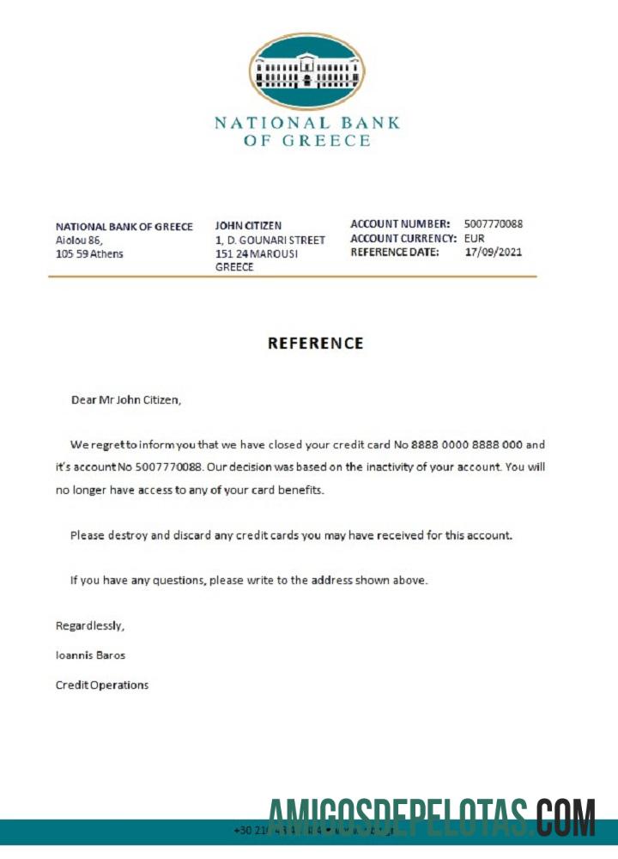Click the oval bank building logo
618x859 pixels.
[x=306, y=71]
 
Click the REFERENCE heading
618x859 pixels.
[x=315, y=343]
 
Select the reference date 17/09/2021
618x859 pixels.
[x=493, y=253]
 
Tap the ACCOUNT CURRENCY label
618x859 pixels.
[x=403, y=239]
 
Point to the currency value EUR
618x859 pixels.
[x=475, y=239]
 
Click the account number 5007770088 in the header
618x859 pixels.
[x=493, y=224]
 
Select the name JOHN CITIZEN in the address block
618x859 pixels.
[x=248, y=226]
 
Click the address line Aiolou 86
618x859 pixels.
[x=79, y=241]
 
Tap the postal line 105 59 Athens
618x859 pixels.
[x=89, y=254]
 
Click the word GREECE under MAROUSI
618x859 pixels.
[x=234, y=267]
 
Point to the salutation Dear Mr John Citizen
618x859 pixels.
[x=126, y=399]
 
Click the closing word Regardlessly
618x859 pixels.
[x=83, y=625]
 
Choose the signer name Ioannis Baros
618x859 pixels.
[x=90, y=655]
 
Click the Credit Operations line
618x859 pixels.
[x=102, y=685]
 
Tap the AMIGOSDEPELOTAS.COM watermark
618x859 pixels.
[x=432, y=817]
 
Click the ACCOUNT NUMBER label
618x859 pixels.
[x=400, y=224]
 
